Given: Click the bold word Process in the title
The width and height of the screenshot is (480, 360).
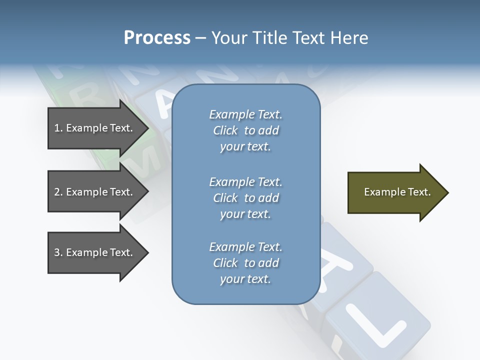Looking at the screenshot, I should point(157,38).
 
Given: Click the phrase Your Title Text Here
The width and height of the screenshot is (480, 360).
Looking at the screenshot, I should point(289,38).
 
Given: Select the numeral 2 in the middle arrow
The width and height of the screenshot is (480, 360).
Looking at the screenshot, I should point(57,192).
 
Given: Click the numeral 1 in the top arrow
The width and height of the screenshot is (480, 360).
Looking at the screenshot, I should point(57,128).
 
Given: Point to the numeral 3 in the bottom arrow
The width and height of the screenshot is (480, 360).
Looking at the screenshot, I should point(57,252).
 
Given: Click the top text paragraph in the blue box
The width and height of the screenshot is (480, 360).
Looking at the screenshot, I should point(245,130).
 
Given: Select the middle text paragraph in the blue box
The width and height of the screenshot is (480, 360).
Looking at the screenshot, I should point(245,197).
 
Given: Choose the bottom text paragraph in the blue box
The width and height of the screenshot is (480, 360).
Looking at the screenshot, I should point(245,263).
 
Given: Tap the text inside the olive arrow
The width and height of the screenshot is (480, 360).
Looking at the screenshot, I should point(397,192).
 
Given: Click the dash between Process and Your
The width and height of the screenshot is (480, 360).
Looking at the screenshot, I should point(200,38).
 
